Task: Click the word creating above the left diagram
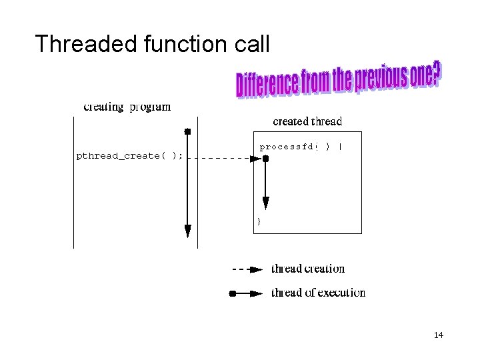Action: pyautogui.click(x=104, y=107)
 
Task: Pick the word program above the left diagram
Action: pyautogui.click(x=150, y=107)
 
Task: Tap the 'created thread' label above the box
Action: pyautogui.click(x=307, y=121)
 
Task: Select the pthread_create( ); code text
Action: pyautogui.click(x=129, y=156)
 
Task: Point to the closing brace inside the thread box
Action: pyautogui.click(x=259, y=221)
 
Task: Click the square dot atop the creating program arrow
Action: pyautogui.click(x=188, y=131)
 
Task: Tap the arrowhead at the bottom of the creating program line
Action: pyautogui.click(x=188, y=231)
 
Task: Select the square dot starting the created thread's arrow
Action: pyautogui.click(x=265, y=159)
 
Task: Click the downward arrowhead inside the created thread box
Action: pyautogui.click(x=265, y=203)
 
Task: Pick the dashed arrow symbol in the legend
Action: pyautogui.click(x=247, y=269)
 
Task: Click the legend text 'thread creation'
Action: pyautogui.click(x=308, y=269)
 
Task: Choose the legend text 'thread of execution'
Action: pyautogui.click(x=318, y=293)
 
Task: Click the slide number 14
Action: pyautogui.click(x=438, y=335)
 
